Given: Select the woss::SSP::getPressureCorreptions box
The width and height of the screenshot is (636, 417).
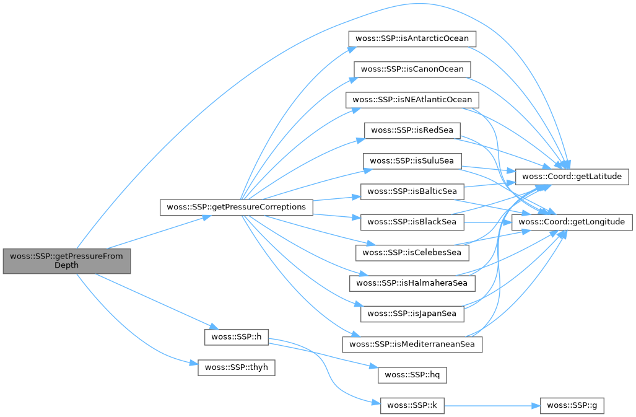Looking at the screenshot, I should pyautogui.click(x=237, y=206).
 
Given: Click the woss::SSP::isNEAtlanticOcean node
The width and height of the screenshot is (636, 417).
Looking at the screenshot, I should pyautogui.click(x=412, y=99).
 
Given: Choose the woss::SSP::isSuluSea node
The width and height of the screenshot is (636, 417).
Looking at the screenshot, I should pyautogui.click(x=412, y=160).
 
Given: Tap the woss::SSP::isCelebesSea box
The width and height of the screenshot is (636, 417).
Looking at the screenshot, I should pyautogui.click(x=412, y=252).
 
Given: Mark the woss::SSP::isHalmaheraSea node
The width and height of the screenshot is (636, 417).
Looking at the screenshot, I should pyautogui.click(x=412, y=283).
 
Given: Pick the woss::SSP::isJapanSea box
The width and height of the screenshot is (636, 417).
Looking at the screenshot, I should pyautogui.click(x=412, y=314).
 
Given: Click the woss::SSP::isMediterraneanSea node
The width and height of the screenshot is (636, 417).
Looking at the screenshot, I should pyautogui.click(x=412, y=344).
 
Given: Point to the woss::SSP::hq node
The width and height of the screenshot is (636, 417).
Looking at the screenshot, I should pyautogui.click(x=412, y=374).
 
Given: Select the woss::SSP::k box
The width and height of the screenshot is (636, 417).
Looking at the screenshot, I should pyautogui.click(x=412, y=405).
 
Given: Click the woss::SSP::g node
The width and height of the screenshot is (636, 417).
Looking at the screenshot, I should pyautogui.click(x=572, y=405).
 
